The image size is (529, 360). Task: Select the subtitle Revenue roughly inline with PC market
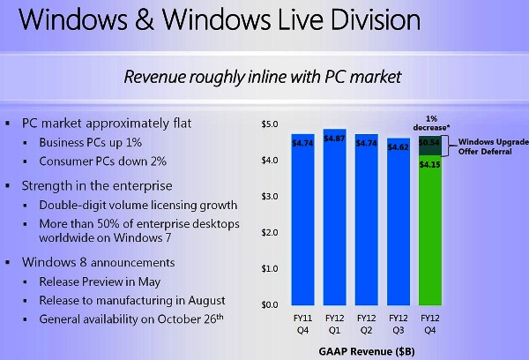[x=264, y=77]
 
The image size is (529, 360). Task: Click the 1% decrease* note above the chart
[x=431, y=123]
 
